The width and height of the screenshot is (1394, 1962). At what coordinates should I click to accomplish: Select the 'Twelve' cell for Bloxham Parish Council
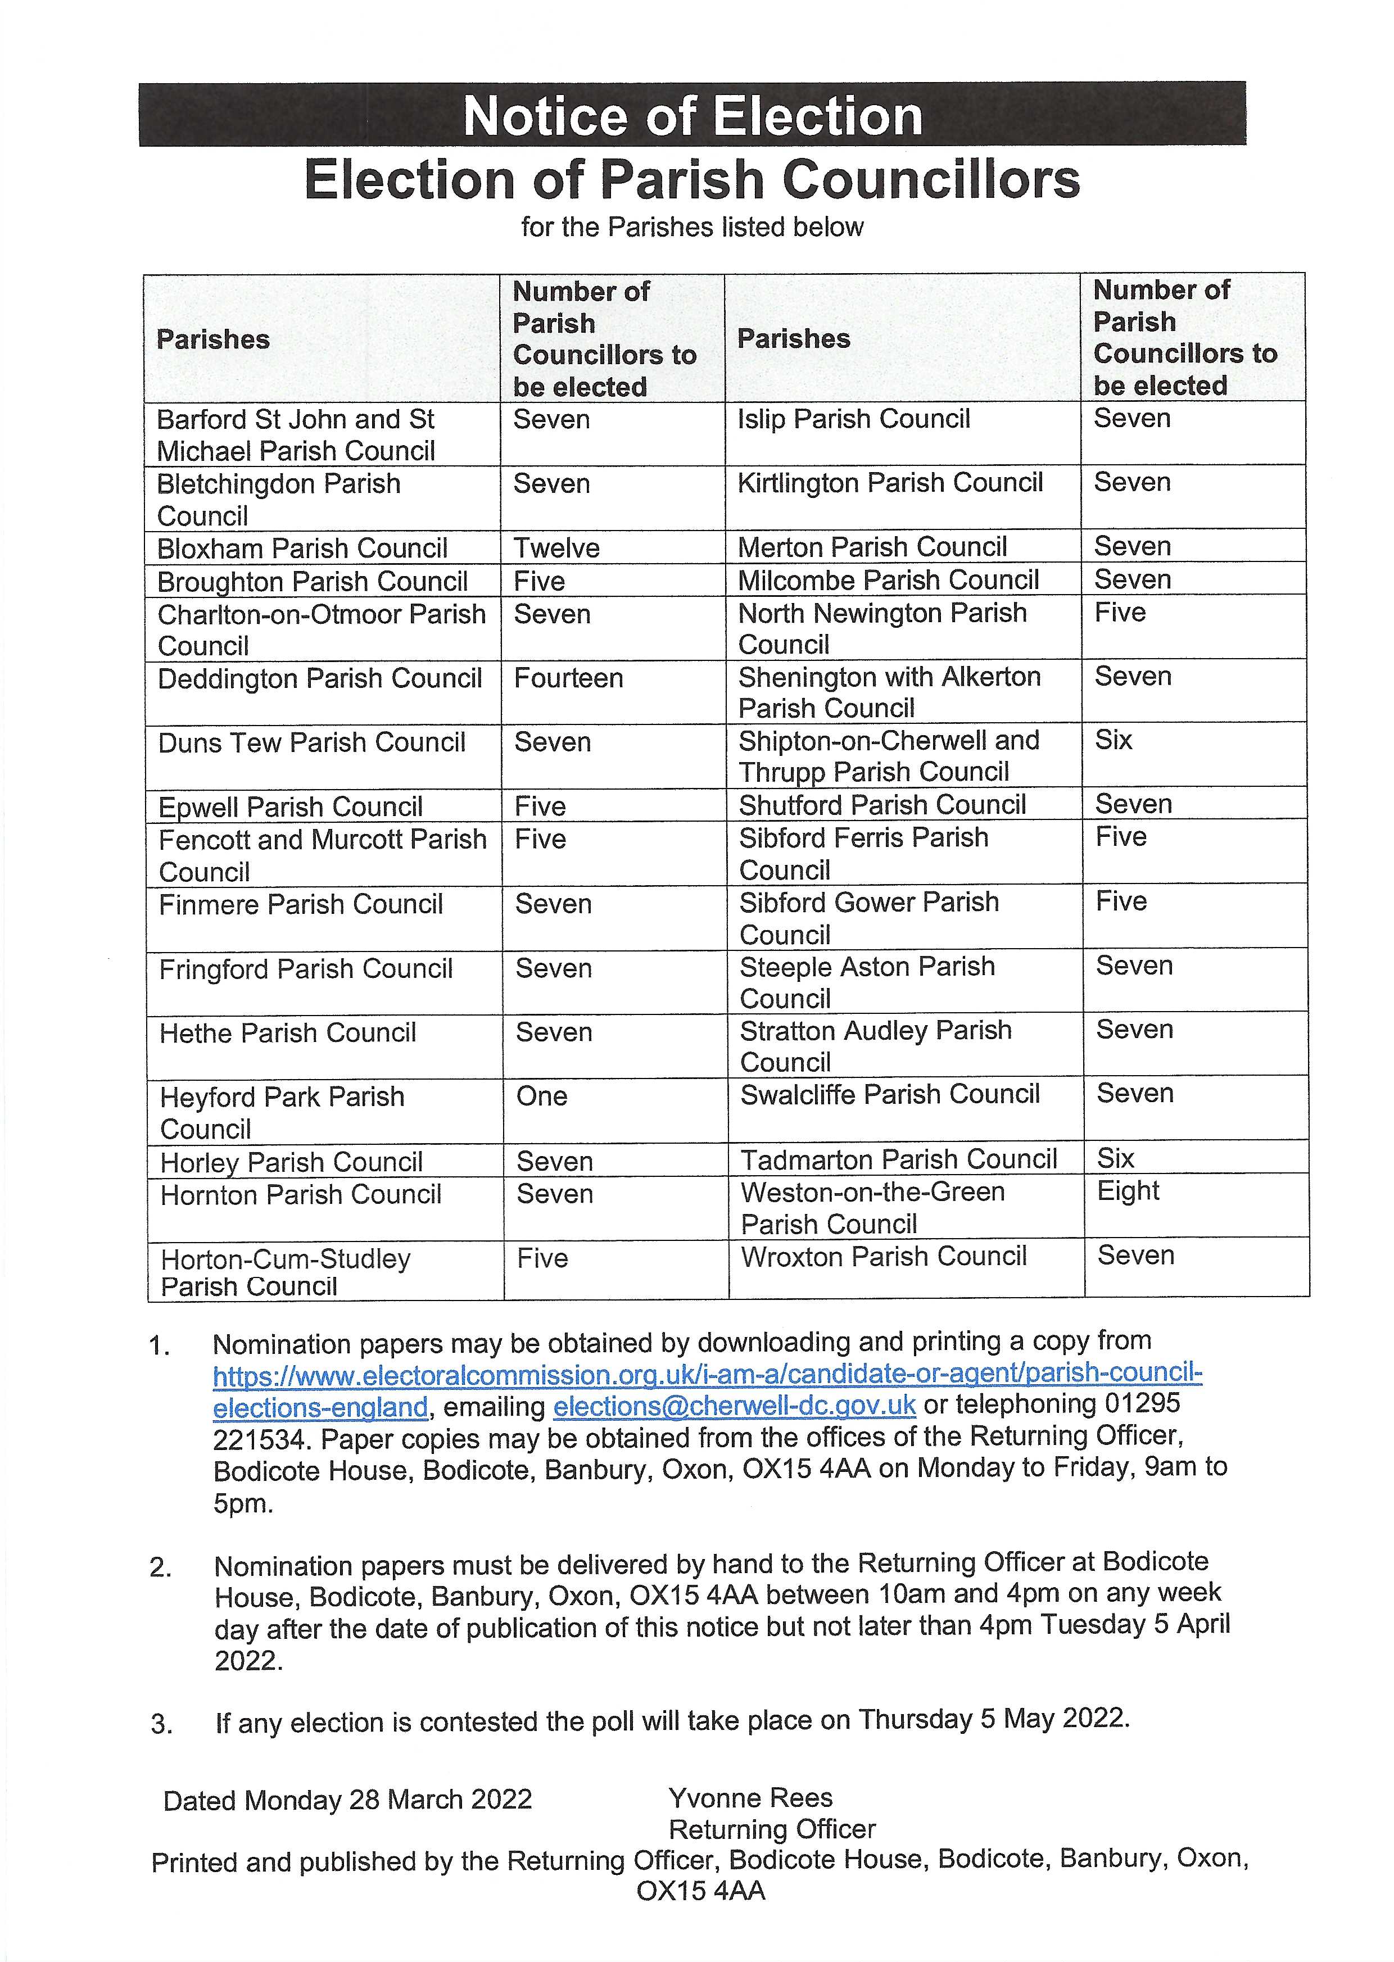(x=556, y=547)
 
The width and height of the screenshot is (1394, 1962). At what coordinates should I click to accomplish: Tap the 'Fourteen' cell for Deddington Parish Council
(x=568, y=678)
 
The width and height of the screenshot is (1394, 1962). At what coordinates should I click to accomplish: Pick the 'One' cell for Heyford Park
(x=542, y=1096)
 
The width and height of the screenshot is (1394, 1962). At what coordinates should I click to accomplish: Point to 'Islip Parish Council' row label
(x=853, y=419)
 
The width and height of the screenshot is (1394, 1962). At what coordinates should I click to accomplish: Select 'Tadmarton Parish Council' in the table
(x=898, y=1159)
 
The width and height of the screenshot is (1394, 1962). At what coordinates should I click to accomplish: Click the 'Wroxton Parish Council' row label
(x=883, y=1257)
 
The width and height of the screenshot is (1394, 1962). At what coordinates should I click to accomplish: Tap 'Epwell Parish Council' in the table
(x=290, y=806)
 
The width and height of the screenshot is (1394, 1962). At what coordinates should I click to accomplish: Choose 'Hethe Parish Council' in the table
(x=288, y=1032)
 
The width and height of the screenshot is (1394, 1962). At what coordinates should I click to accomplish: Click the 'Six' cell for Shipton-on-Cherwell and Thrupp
(x=1114, y=740)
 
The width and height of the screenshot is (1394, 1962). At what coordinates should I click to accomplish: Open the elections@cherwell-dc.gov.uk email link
(x=734, y=1406)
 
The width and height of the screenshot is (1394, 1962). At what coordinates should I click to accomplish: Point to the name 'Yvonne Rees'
(x=750, y=1798)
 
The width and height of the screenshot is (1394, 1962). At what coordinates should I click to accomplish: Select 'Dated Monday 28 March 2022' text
(x=347, y=1800)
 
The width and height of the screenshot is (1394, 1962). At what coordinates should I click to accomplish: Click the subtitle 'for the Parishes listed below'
(x=692, y=228)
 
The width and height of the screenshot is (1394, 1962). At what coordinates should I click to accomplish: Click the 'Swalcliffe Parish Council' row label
(x=889, y=1094)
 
